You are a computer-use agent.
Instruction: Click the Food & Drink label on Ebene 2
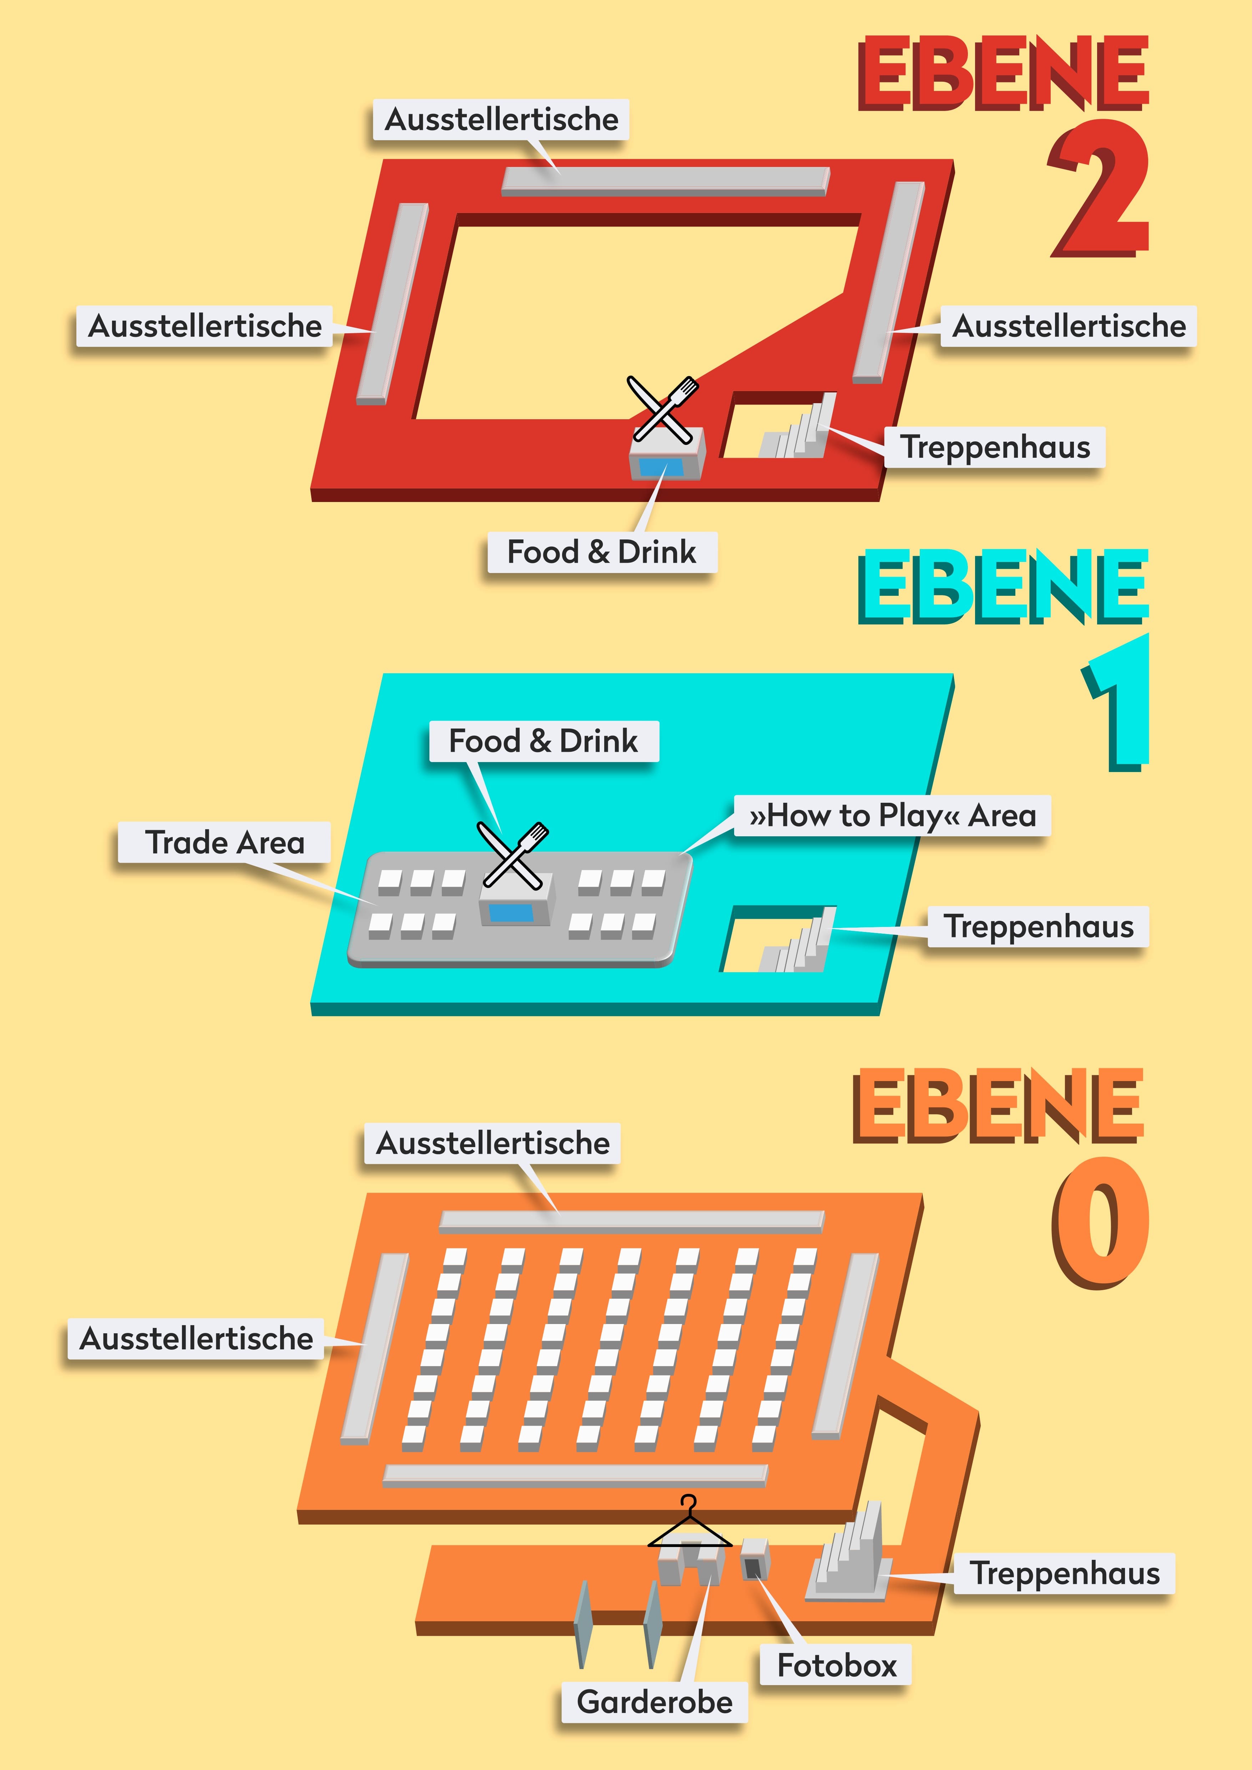pos(602,552)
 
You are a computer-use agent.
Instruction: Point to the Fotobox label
pos(837,1665)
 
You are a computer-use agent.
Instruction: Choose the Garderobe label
pos(655,1701)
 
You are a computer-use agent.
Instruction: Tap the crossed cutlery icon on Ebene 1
pos(513,856)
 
